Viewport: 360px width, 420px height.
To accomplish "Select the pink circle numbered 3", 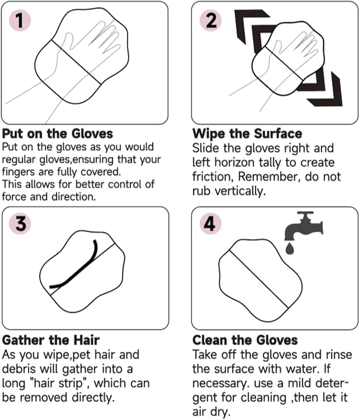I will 20,225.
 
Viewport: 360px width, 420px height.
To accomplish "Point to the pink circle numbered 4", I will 210,225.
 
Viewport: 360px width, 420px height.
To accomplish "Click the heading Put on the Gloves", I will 57,133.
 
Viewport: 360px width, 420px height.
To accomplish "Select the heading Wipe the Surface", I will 247,133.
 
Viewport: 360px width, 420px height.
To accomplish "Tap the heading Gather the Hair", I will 51,340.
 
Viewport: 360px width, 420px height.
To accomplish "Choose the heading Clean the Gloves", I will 245,340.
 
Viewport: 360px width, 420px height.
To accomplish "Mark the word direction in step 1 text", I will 72,198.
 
